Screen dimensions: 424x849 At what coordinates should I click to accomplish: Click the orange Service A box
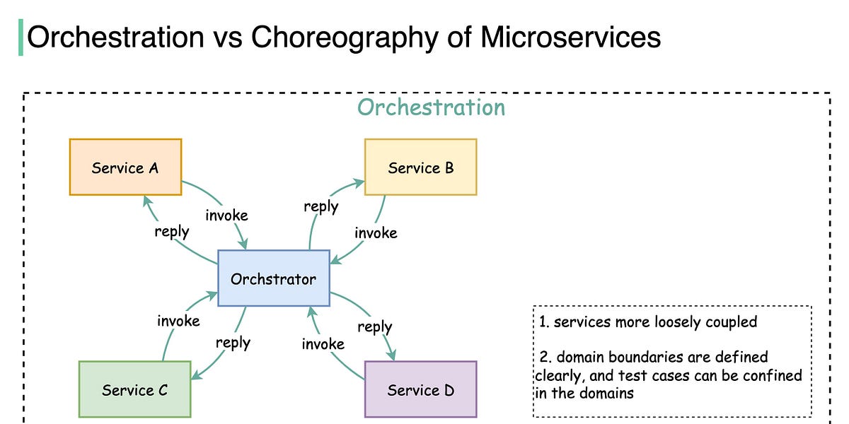(125, 167)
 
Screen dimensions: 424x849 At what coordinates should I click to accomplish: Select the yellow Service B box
(420, 167)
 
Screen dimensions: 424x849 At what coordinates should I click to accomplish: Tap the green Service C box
(134, 389)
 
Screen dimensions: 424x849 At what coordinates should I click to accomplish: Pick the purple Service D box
(420, 389)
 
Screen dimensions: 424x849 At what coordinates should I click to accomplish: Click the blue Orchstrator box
(273, 278)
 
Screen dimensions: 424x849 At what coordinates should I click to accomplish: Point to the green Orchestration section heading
(431, 107)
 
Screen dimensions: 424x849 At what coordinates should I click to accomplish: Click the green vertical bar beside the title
(21, 37)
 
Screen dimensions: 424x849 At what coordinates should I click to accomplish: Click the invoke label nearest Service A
(226, 215)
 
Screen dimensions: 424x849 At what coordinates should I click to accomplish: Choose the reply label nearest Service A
(172, 231)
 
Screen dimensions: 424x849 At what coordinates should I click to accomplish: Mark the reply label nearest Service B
(320, 207)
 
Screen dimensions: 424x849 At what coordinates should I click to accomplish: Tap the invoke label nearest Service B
(376, 232)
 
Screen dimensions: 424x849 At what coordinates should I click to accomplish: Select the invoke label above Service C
(178, 321)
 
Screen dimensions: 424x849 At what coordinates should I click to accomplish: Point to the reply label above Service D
(374, 327)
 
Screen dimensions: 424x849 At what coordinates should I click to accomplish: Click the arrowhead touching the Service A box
(145, 200)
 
